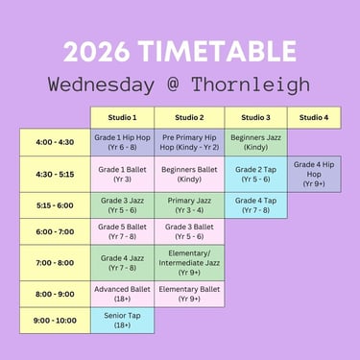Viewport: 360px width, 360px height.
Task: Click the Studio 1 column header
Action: pos(122,117)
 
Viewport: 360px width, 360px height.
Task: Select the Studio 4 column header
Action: pos(314,117)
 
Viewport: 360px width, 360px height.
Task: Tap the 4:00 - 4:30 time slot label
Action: pos(55,142)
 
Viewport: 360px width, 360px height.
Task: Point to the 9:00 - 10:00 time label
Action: pos(55,321)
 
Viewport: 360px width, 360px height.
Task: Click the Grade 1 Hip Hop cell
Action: pos(122,142)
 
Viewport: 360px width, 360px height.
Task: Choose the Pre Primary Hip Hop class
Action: pos(189,142)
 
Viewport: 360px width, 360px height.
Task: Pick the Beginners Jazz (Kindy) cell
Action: pos(255,142)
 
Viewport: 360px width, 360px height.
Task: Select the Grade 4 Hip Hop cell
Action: pos(314,174)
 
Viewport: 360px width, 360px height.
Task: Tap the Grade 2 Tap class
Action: pos(255,174)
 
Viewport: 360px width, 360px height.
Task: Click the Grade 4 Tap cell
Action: pos(255,205)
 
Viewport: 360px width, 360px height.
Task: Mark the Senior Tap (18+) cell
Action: pos(122,321)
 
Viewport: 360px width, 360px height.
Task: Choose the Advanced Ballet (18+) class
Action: pos(122,294)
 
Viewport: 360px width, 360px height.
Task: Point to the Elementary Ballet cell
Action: pos(189,294)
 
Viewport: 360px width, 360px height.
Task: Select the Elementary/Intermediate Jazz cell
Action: pos(189,263)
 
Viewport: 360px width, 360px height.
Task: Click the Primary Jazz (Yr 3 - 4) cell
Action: pos(189,205)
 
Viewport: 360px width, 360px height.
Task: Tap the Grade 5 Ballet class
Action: pos(122,231)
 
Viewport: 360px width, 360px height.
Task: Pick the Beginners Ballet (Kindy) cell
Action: pos(189,174)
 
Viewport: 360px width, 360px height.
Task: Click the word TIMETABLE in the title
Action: pos(218,52)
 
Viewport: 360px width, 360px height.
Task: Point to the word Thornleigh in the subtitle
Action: pos(251,85)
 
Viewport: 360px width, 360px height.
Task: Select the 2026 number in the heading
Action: pos(97,52)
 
